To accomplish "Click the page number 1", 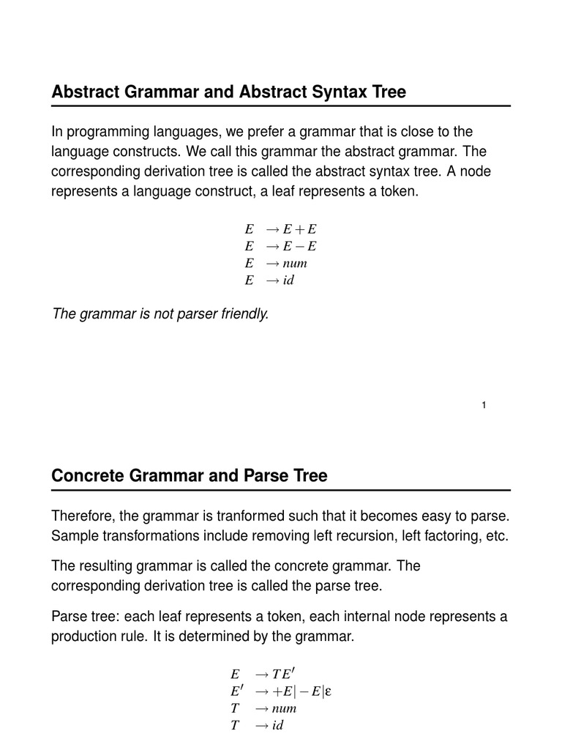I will point(484,406).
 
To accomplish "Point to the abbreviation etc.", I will point(496,535).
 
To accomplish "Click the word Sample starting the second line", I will point(75,535).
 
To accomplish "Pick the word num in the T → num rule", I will point(284,708).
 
